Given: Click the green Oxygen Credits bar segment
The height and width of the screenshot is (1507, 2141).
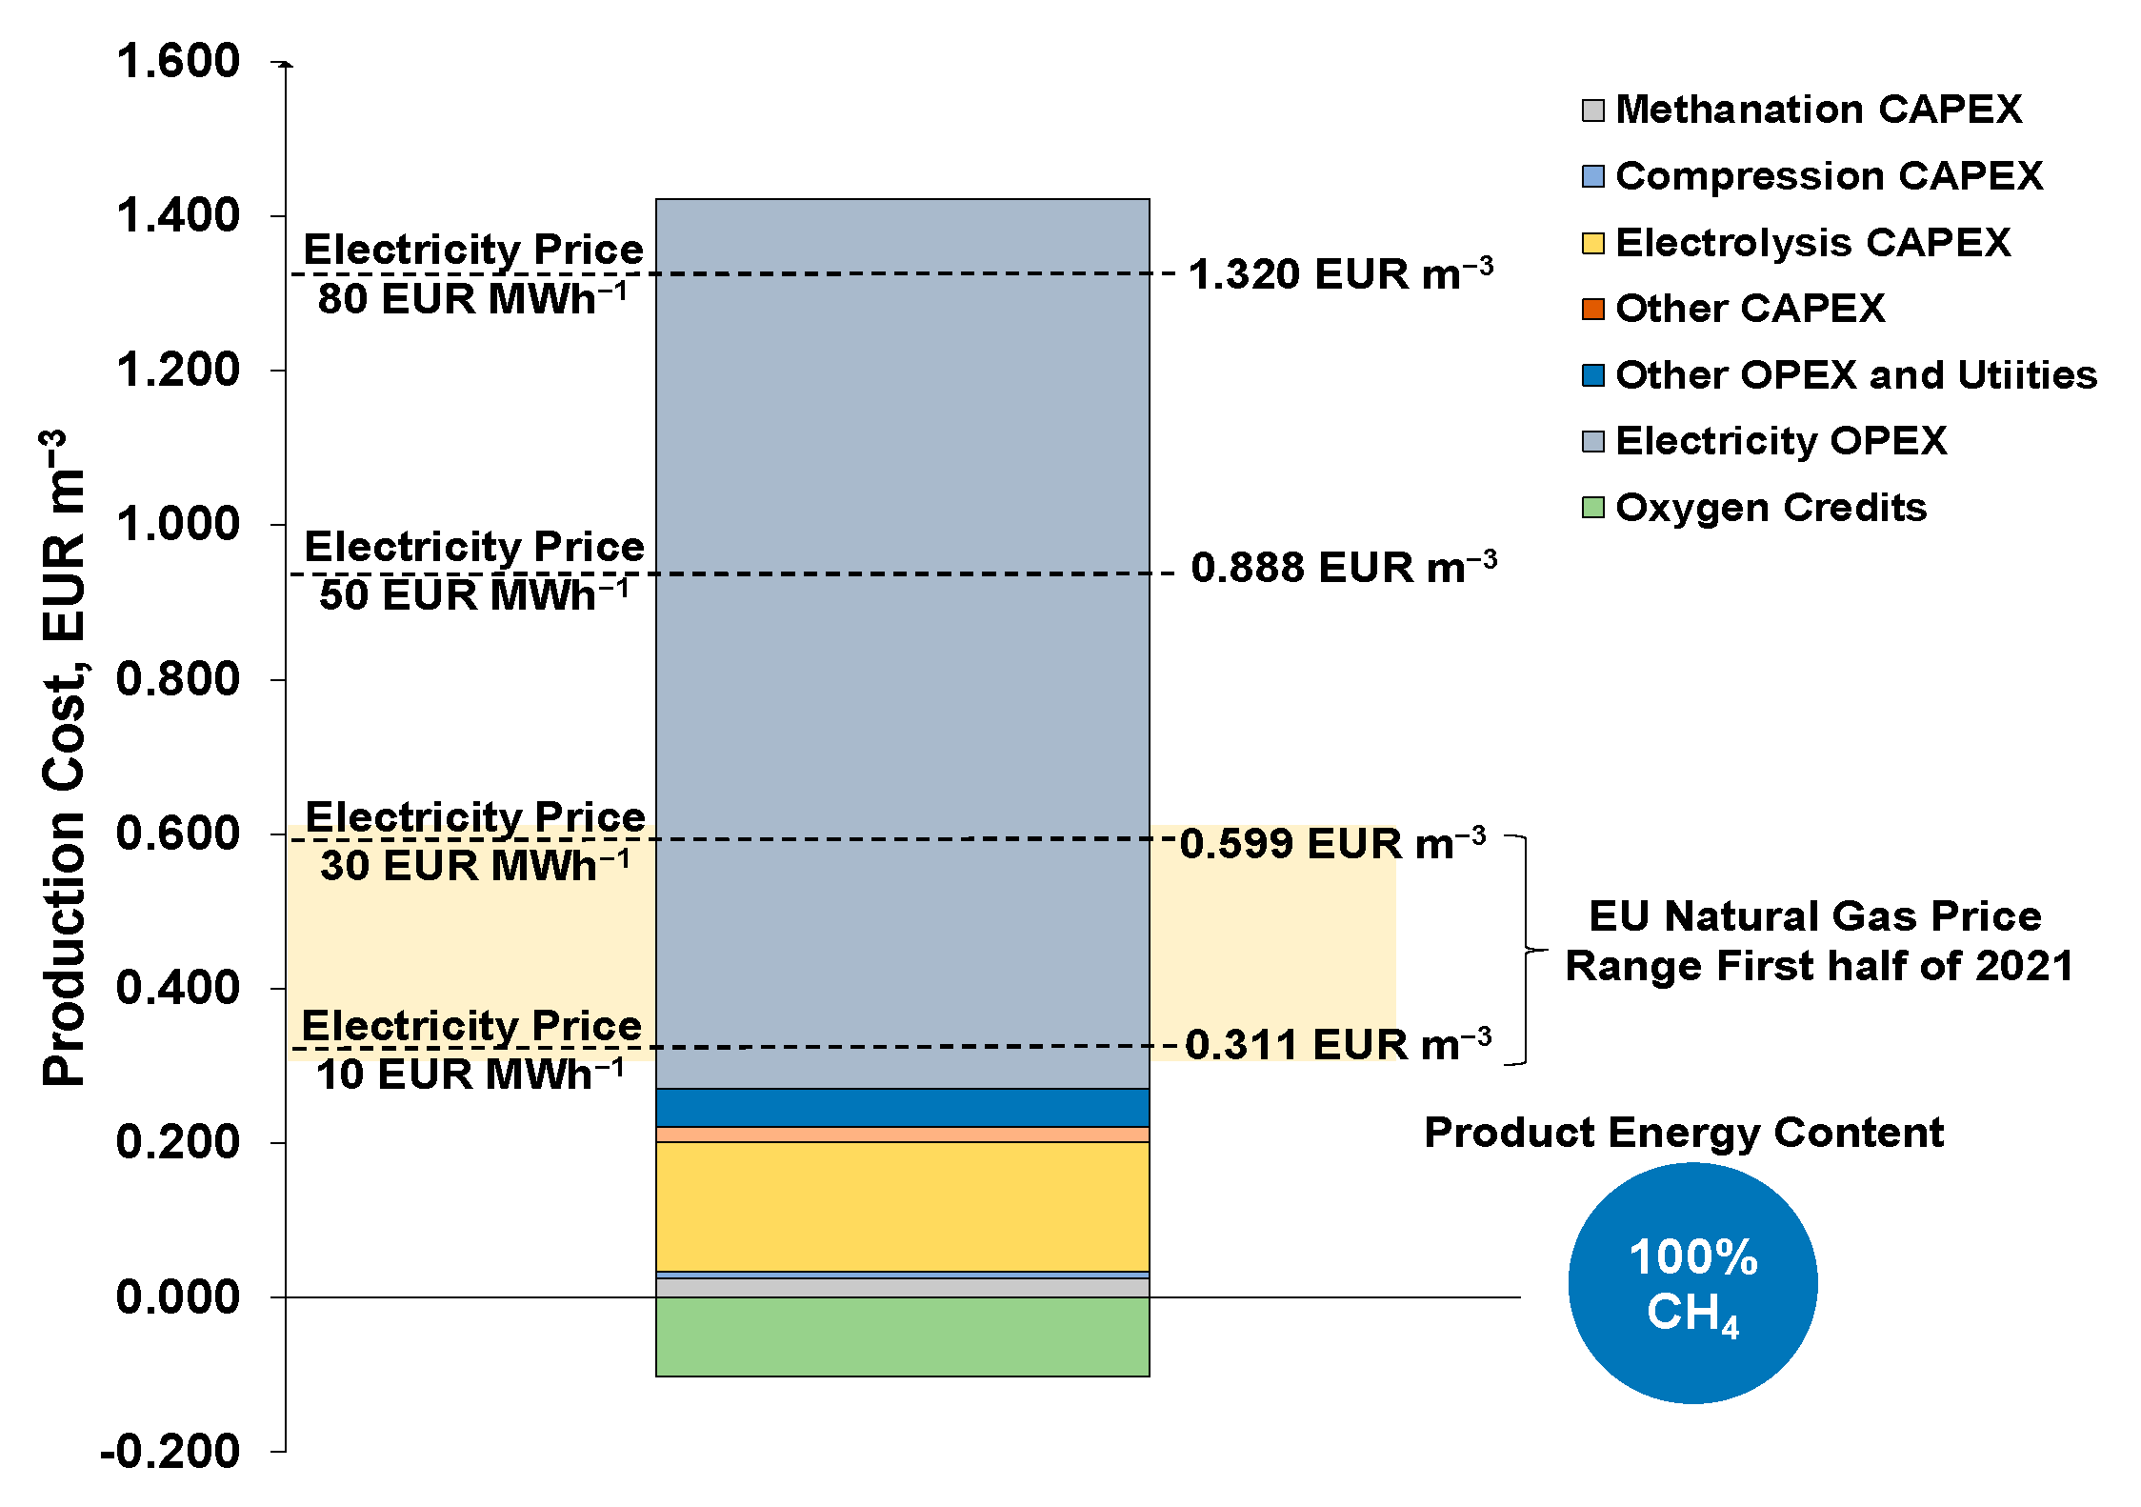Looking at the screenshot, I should pyautogui.click(x=902, y=1336).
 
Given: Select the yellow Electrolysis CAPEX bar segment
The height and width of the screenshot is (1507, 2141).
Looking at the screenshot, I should pyautogui.click(x=902, y=1206).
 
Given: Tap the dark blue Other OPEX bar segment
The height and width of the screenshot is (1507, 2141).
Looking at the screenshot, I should pyautogui.click(x=902, y=1107).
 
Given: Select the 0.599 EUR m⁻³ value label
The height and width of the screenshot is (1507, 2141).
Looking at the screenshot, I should pyautogui.click(x=1332, y=844).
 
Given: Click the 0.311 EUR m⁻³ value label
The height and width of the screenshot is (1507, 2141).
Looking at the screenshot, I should pyautogui.click(x=1337, y=1045).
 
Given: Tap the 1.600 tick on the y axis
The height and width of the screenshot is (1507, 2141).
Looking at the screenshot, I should pyautogui.click(x=178, y=62).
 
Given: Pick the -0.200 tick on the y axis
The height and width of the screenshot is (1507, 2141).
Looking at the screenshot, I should pyautogui.click(x=170, y=1452).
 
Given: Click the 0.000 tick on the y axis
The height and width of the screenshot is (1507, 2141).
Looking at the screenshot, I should pyautogui.click(x=178, y=1297).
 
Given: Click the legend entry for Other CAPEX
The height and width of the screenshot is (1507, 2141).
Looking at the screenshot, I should pyautogui.click(x=1750, y=309).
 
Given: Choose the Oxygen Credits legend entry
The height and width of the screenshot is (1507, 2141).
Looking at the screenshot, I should pyautogui.click(x=1771, y=508).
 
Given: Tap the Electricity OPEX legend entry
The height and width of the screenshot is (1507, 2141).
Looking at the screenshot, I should pyautogui.click(x=1780, y=441).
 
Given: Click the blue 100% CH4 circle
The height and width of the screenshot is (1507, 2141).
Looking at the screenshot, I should pyautogui.click(x=1692, y=1283).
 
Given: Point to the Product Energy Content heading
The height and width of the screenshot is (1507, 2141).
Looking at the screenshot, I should pyautogui.click(x=1683, y=1133).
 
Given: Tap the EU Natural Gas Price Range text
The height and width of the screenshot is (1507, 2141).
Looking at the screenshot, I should pyautogui.click(x=1818, y=941).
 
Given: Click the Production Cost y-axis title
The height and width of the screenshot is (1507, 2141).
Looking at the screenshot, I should pyautogui.click(x=65, y=757).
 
